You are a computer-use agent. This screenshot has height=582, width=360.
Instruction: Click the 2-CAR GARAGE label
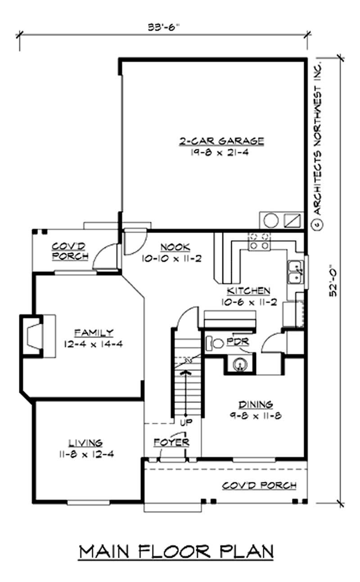(x=221, y=141)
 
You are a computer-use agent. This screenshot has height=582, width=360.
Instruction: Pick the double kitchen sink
(x=295, y=272)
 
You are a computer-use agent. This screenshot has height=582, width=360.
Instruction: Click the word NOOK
(x=175, y=246)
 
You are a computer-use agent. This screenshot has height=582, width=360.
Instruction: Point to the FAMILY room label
(x=94, y=333)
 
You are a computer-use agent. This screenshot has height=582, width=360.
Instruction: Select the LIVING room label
(x=85, y=443)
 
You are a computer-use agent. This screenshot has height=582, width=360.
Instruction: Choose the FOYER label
(x=171, y=442)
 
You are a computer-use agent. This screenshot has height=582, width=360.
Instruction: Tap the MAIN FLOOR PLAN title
(x=176, y=551)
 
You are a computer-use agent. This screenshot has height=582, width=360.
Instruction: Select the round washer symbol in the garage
(x=271, y=221)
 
